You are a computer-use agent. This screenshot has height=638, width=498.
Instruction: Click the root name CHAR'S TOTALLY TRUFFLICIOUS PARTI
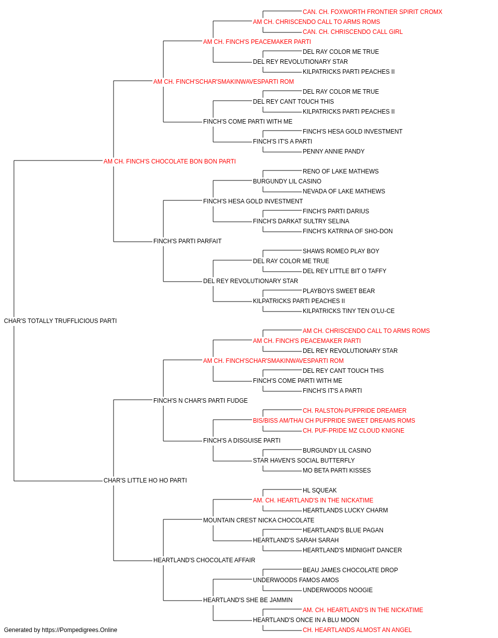pyautogui.click(x=60, y=320)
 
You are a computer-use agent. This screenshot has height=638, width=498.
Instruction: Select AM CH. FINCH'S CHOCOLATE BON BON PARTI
pyautogui.click(x=169, y=161)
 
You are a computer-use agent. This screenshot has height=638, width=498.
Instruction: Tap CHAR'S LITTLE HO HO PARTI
pyautogui.click(x=145, y=480)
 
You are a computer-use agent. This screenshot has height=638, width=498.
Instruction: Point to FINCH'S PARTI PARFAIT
pyautogui.click(x=187, y=241)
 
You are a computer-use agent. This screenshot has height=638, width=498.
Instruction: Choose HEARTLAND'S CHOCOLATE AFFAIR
pyautogui.click(x=204, y=560)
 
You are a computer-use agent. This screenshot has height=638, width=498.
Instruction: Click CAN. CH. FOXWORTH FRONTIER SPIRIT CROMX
pyautogui.click(x=372, y=12)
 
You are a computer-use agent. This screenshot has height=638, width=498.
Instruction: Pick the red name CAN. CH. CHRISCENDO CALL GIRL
pyautogui.click(x=353, y=32)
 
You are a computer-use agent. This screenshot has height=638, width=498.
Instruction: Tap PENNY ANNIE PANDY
pyautogui.click(x=334, y=151)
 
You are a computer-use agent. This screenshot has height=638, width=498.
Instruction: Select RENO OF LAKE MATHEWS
pyautogui.click(x=341, y=171)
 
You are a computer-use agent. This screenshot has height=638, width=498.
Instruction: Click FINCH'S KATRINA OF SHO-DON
pyautogui.click(x=348, y=231)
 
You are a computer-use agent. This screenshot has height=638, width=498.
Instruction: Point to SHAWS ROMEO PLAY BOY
pyautogui.click(x=341, y=251)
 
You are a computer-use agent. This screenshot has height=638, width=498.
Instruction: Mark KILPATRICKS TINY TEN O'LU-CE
pyautogui.click(x=349, y=311)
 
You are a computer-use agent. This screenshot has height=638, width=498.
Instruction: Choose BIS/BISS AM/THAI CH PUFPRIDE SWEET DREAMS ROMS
pyautogui.click(x=334, y=421)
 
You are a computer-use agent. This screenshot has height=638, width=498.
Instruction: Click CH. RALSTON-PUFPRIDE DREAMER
pyautogui.click(x=354, y=410)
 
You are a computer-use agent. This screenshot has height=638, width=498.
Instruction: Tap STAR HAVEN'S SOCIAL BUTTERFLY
pyautogui.click(x=304, y=460)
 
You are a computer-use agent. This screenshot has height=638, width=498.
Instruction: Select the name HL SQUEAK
pyautogui.click(x=319, y=490)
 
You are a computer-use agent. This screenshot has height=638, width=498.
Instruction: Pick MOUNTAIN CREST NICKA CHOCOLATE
pyautogui.click(x=258, y=520)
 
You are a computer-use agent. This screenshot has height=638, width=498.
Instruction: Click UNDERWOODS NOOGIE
pyautogui.click(x=338, y=590)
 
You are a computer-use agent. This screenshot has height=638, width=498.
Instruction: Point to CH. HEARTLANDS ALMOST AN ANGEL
pyautogui.click(x=357, y=630)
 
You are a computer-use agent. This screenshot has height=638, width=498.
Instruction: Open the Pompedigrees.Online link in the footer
pyautogui.click(x=79, y=630)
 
